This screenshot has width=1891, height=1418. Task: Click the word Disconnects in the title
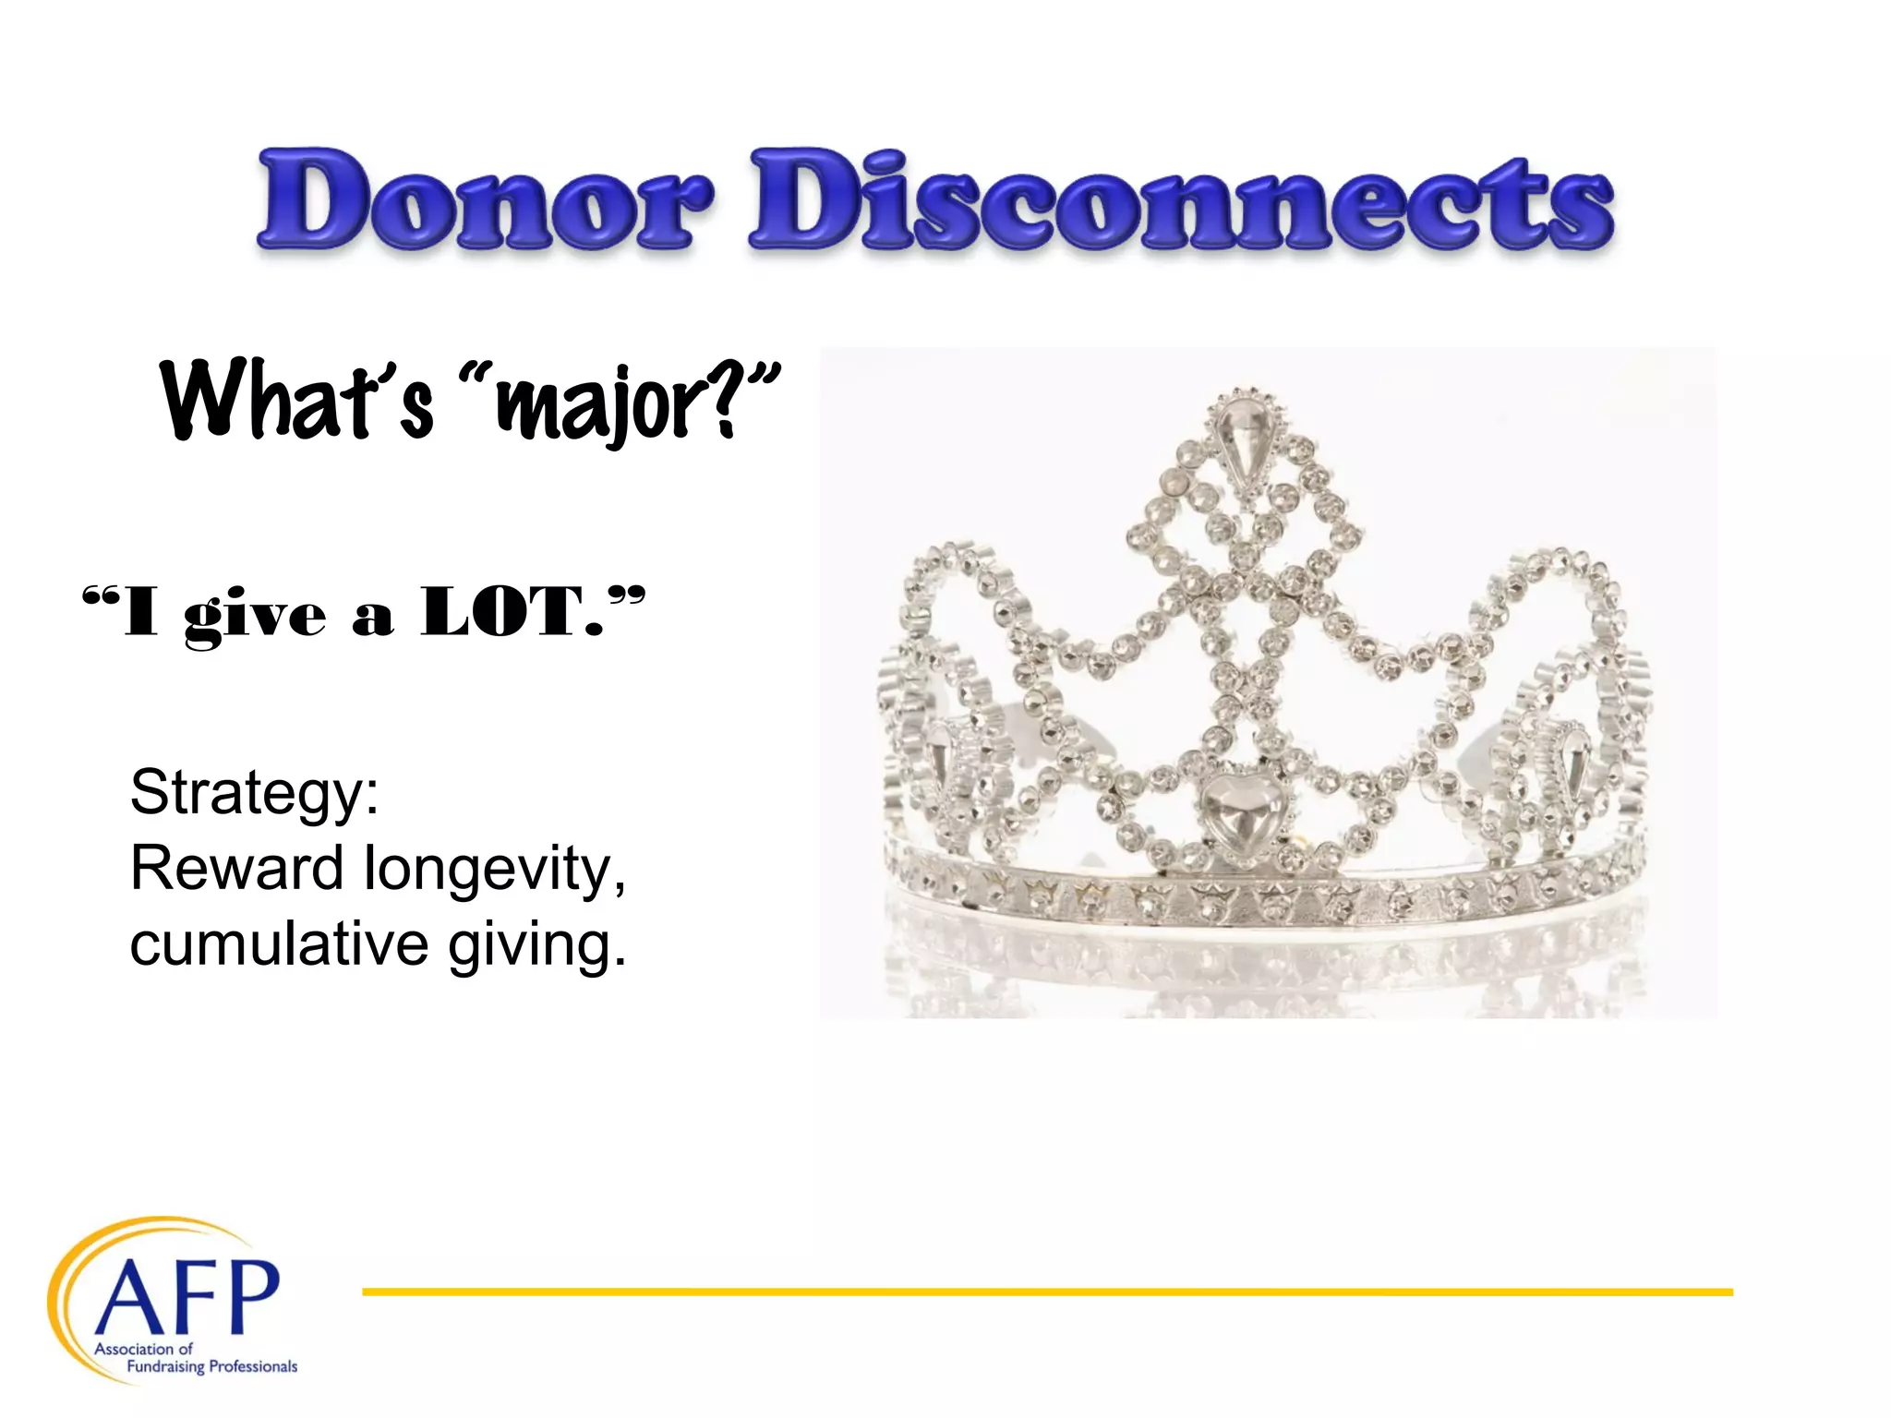coord(1182,200)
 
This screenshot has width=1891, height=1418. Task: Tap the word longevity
coord(494,870)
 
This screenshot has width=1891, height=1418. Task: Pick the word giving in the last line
coord(536,946)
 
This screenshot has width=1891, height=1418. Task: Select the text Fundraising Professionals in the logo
coord(211,1366)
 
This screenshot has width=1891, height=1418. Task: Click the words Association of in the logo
coord(143,1349)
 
